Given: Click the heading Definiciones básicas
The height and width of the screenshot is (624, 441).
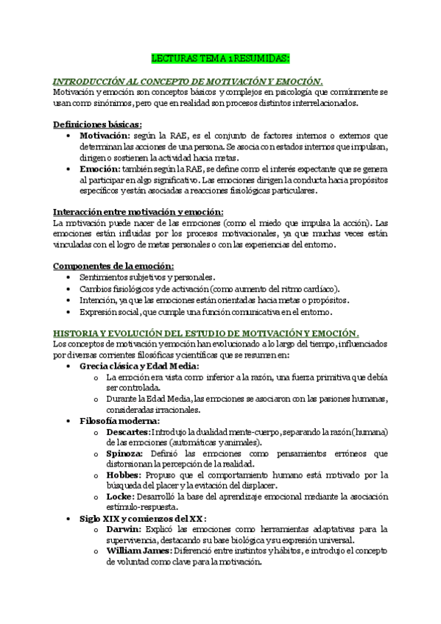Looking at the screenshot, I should (x=98, y=125).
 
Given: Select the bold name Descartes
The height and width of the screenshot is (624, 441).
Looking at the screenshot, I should (x=128, y=431).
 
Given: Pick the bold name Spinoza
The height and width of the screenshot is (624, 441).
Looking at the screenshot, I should (x=124, y=454).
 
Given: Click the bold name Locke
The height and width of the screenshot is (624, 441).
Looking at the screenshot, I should (x=119, y=497).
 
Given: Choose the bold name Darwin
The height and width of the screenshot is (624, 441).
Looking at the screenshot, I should (x=122, y=529).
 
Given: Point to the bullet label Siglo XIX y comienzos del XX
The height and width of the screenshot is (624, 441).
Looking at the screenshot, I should (x=143, y=518).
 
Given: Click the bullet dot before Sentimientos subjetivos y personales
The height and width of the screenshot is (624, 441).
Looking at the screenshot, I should (x=68, y=277).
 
